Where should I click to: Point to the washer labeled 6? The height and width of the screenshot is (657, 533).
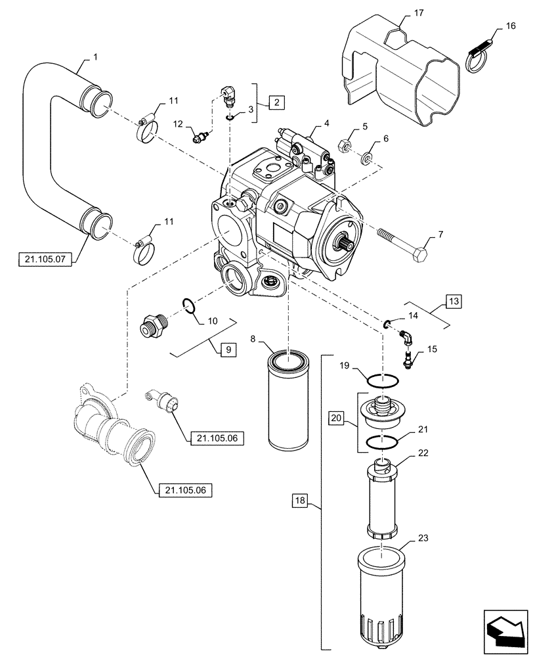[x=366, y=158]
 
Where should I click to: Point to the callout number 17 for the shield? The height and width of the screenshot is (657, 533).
[x=402, y=12]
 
